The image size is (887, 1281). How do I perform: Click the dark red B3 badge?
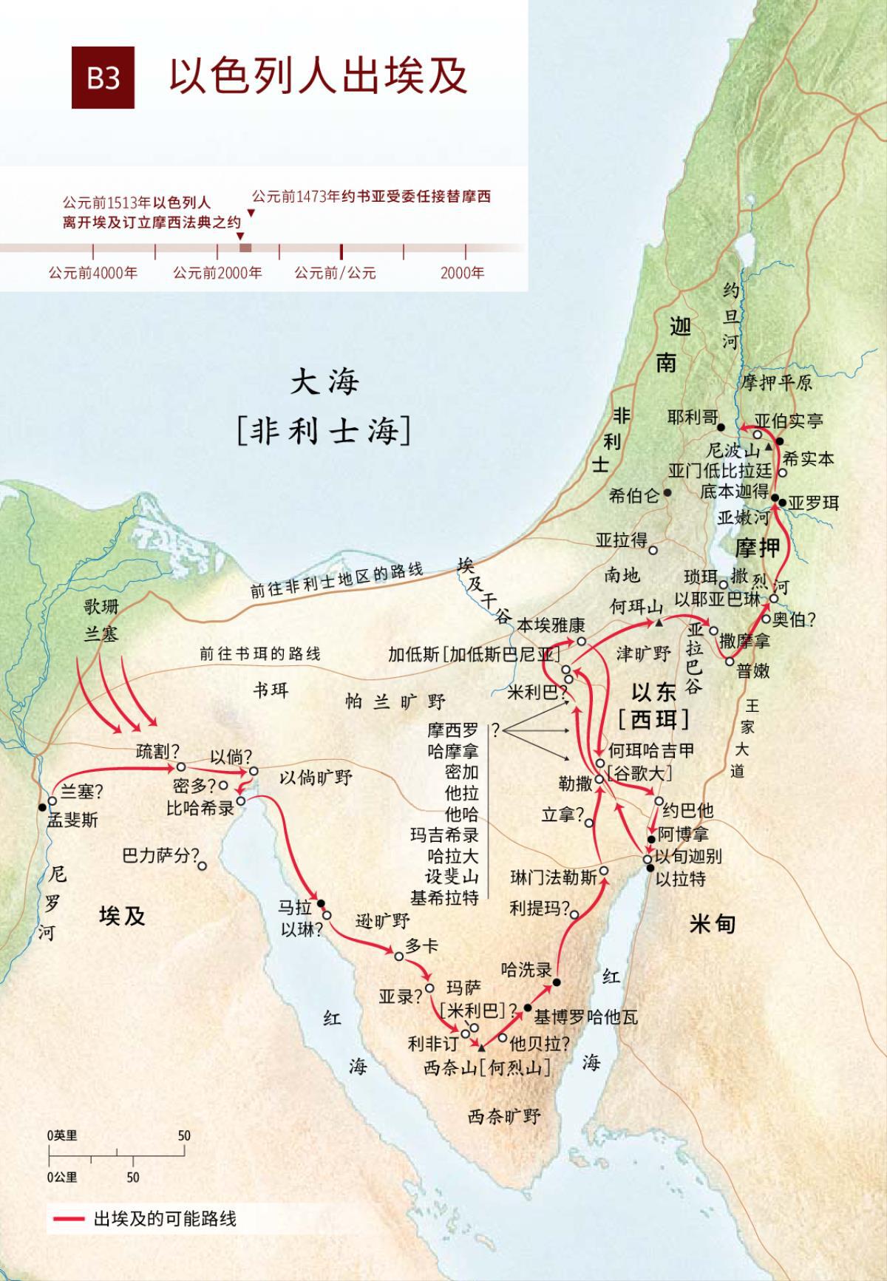tap(103, 77)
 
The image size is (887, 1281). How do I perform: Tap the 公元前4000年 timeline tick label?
tap(93, 273)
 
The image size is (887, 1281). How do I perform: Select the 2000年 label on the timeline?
tap(462, 273)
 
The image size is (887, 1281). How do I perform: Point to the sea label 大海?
tap(324, 382)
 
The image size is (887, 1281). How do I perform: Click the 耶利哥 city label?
tap(692, 418)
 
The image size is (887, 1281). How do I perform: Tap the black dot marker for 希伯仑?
tap(667, 492)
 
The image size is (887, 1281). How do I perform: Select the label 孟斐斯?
tap(72, 820)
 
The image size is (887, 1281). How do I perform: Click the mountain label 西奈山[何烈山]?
tap(487, 1067)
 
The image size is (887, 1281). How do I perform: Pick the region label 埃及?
tap(122, 917)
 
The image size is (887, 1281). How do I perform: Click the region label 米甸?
tap(712, 923)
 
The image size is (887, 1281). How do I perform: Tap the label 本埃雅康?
tap(551, 625)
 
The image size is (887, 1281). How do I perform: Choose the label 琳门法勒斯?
tap(554, 877)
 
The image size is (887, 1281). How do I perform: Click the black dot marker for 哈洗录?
tap(557, 982)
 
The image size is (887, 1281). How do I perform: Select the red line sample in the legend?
tap(67, 1219)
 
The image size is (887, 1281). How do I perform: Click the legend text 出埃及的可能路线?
tap(164, 1219)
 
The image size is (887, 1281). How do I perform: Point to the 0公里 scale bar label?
tap(62, 1177)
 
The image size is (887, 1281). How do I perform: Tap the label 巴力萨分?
tap(160, 856)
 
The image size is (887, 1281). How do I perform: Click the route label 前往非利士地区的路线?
tap(336, 580)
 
